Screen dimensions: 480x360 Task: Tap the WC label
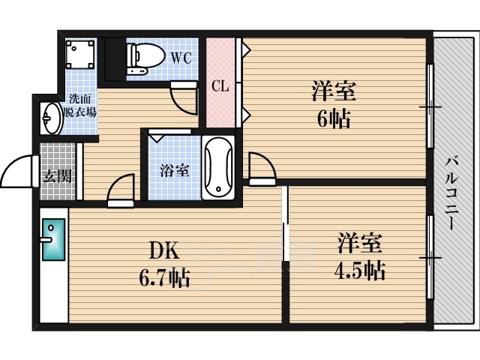[x=181, y=58]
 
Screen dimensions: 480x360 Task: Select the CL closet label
[x=220, y=86]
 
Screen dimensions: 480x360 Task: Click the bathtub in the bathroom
[x=218, y=167]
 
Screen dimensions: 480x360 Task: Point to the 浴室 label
[x=175, y=170]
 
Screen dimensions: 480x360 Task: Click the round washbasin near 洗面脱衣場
[x=52, y=118]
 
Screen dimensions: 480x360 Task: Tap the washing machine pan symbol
[x=80, y=54]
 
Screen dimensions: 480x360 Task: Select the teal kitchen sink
[x=53, y=239]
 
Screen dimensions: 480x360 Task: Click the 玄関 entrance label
[x=57, y=176]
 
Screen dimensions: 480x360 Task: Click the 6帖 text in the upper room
[x=333, y=119]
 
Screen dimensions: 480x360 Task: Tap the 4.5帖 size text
[x=360, y=270]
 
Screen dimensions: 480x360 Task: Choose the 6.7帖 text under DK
[x=165, y=277]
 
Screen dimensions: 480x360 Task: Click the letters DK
[x=163, y=252]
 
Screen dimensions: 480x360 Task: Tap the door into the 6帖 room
[x=262, y=168]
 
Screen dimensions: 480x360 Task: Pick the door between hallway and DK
[x=121, y=190]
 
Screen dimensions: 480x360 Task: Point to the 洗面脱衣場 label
[x=80, y=106]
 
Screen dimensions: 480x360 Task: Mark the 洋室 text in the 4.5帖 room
[x=360, y=243]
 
